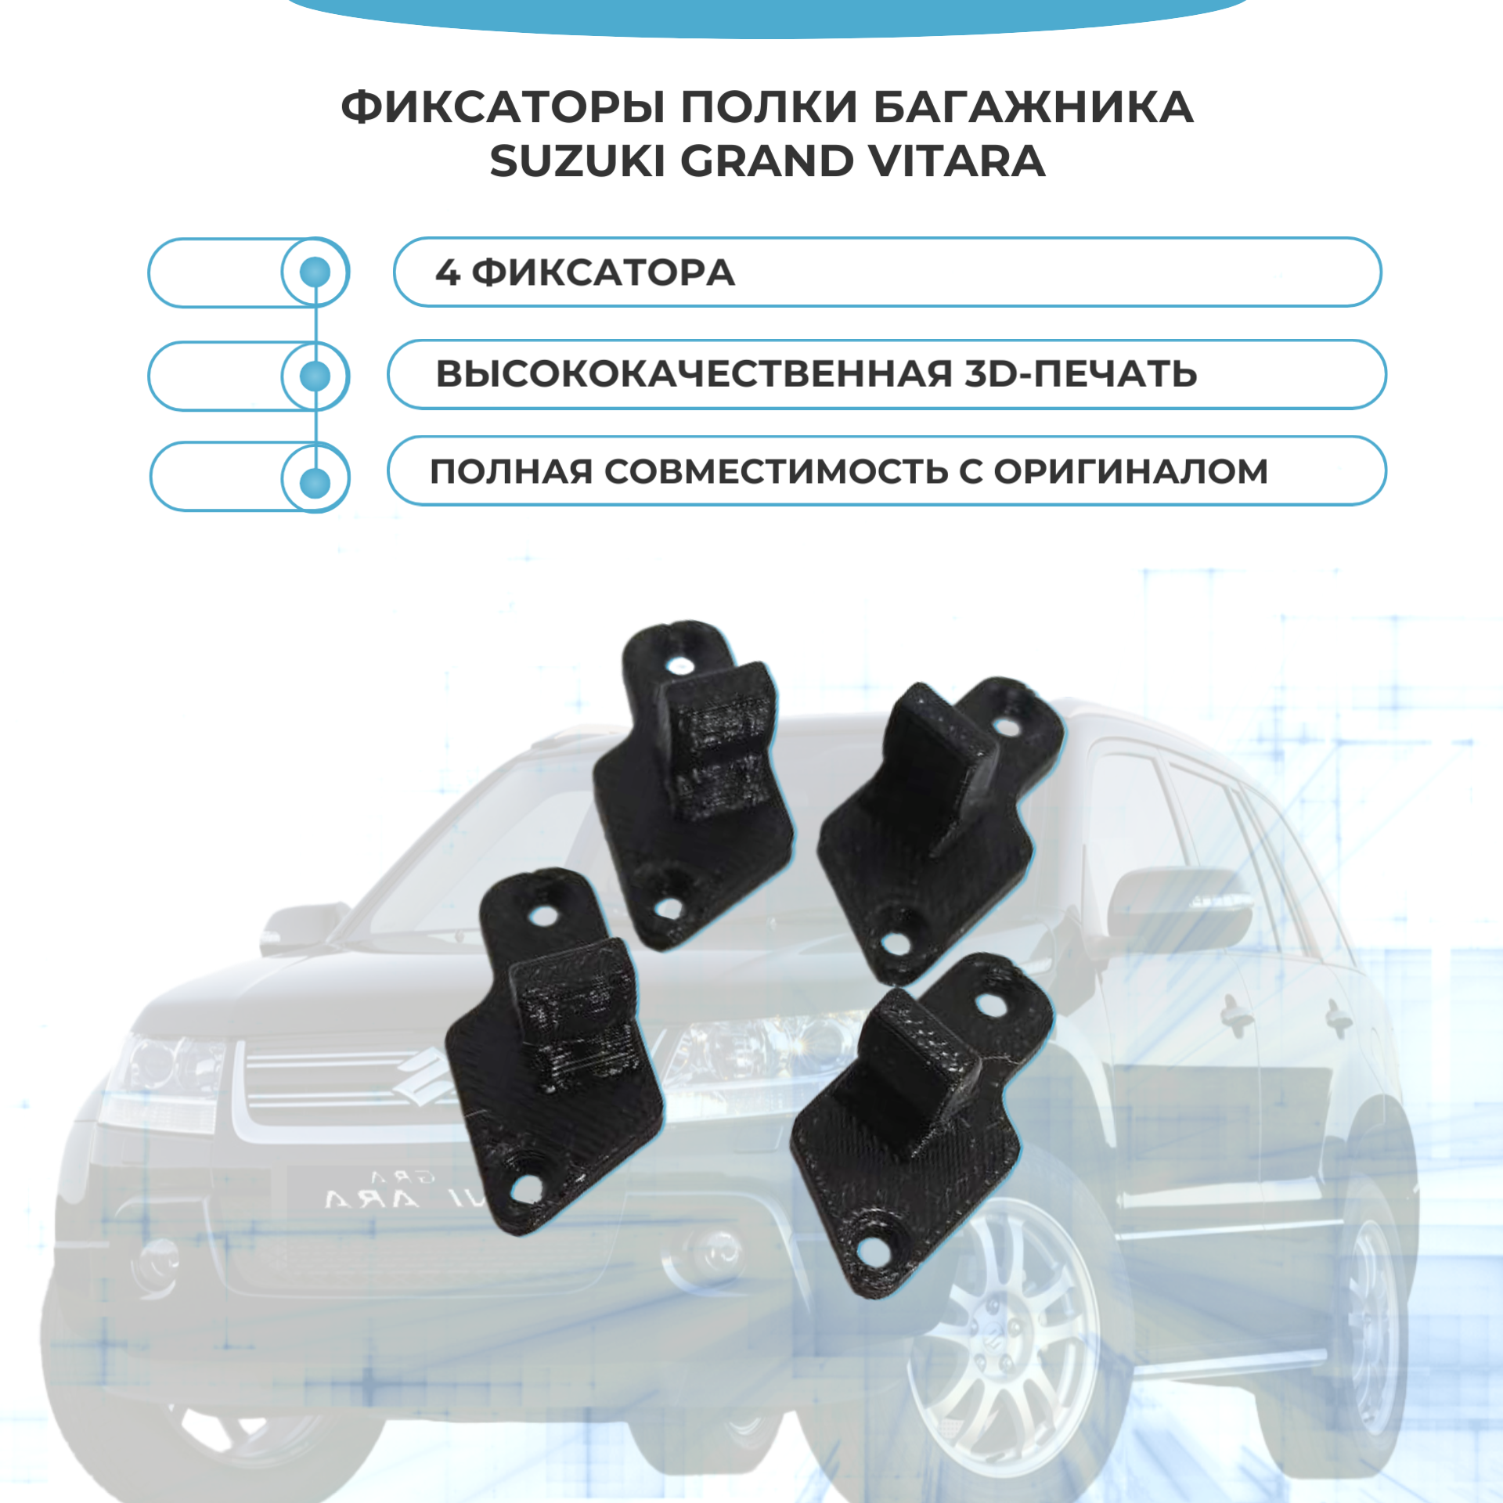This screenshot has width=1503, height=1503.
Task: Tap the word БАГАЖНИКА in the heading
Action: click(x=1033, y=107)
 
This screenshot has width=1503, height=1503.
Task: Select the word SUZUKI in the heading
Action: click(x=577, y=162)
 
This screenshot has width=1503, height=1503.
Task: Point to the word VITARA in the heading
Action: click(x=956, y=162)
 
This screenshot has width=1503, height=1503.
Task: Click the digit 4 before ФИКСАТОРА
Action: click(x=446, y=272)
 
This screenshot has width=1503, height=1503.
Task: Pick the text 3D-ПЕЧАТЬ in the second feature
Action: click(x=1079, y=374)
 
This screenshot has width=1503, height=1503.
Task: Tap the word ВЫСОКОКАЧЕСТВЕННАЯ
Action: click(x=694, y=374)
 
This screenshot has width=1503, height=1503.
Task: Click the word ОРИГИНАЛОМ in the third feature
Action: click(x=1130, y=471)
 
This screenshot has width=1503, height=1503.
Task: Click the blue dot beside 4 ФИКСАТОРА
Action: click(x=315, y=272)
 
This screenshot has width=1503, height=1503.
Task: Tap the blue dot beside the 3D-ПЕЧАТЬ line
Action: click(x=315, y=376)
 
